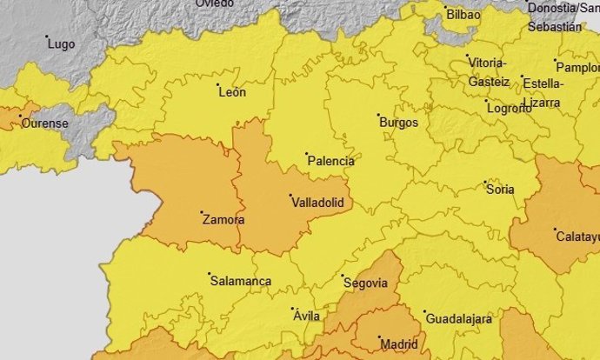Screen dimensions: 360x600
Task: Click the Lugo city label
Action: click(61, 43)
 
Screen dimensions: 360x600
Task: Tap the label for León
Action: click(232, 92)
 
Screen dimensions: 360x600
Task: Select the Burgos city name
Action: click(398, 123)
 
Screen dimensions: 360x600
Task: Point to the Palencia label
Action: click(331, 162)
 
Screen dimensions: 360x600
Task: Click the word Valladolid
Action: click(317, 202)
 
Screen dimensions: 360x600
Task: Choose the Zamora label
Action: click(223, 220)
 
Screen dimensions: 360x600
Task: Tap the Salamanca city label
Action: click(240, 282)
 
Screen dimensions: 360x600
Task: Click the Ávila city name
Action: click(307, 316)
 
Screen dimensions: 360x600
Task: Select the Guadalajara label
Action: click(457, 319)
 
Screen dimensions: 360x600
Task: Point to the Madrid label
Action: click(399, 344)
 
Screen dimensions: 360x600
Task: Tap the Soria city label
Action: click(500, 190)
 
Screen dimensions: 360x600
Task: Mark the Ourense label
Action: click(44, 123)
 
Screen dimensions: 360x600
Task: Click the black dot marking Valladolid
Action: click(290, 196)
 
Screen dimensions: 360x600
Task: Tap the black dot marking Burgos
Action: click(378, 115)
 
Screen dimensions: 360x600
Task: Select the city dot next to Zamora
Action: click(202, 212)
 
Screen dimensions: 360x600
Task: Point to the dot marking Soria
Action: click(485, 183)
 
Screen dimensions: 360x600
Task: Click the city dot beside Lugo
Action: click(47, 37)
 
